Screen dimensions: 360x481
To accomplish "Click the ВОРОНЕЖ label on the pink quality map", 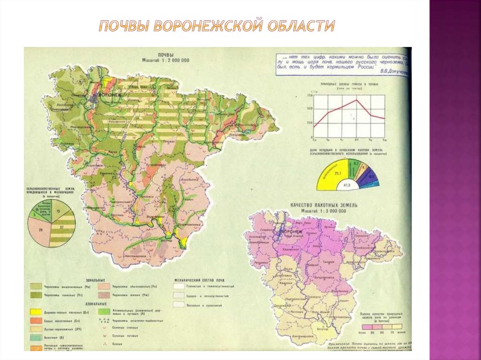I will pyautogui.click(x=293, y=232).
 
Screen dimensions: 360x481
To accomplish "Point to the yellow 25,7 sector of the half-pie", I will pyautogui.click(x=335, y=174).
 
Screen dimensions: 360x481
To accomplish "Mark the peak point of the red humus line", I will pyautogui.click(x=356, y=100).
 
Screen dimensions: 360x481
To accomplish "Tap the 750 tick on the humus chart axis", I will pyautogui.click(x=309, y=95).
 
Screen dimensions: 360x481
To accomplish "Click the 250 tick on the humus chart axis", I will pyautogui.click(x=309, y=123).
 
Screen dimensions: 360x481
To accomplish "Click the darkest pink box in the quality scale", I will pyautogui.click(x=361, y=327).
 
